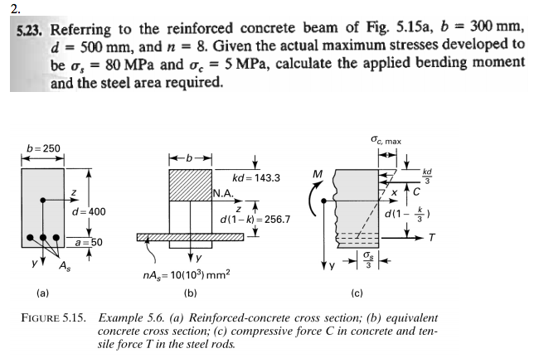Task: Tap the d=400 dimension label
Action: click(x=89, y=212)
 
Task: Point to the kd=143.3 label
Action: click(x=256, y=178)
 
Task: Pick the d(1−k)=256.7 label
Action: click(x=255, y=220)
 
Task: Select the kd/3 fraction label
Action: click(x=425, y=177)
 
